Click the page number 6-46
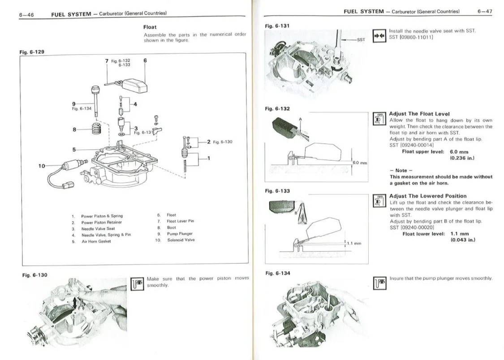coord(26,14)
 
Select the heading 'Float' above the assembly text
coord(150,27)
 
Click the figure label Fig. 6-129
coord(32,52)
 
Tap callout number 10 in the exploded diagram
coord(42,166)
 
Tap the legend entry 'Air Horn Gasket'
coord(96,241)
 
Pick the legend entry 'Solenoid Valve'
coord(181,240)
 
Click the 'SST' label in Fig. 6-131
coord(361,39)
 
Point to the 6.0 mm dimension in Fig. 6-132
coord(360,163)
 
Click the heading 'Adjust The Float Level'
coord(419,114)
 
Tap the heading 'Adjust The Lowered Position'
coord(428,196)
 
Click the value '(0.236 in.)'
coord(462,158)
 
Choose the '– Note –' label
coord(398,171)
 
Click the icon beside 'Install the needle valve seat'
coord(379,34)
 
